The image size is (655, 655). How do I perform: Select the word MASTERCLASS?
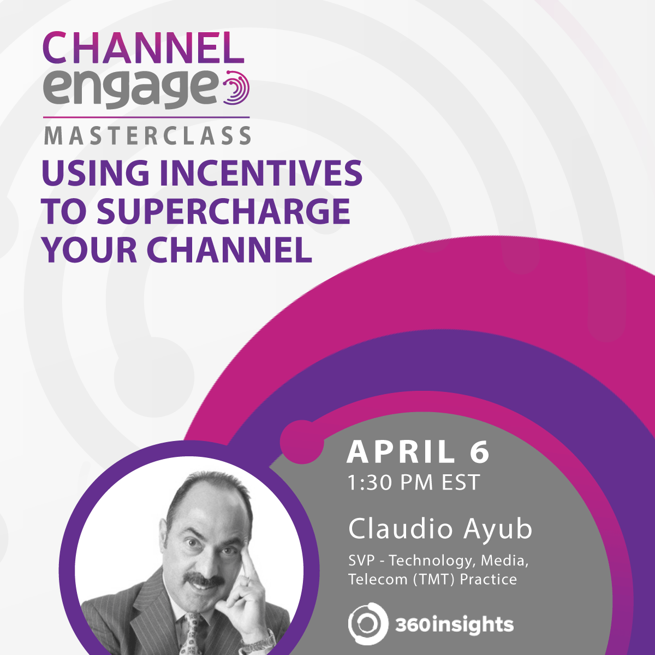[147, 136]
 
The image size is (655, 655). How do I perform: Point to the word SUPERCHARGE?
[223, 212]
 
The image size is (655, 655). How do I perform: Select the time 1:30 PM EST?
[414, 483]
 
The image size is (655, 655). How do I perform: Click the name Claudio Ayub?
[440, 529]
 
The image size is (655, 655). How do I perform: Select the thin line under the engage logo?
[146, 117]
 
